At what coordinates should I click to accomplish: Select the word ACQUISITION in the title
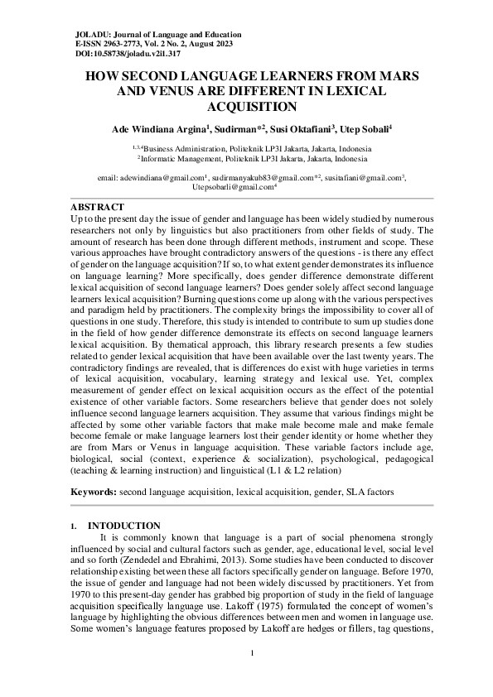coord(246,106)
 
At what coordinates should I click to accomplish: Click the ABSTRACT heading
coord(97,206)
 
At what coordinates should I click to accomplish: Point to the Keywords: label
coord(94,491)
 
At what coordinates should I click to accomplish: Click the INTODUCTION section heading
coord(124,526)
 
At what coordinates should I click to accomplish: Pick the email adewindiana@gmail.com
coord(149,178)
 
